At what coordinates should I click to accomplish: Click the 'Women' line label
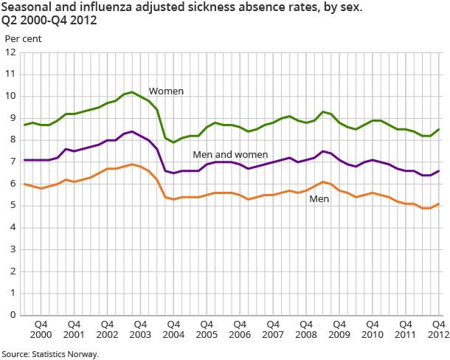(x=166, y=91)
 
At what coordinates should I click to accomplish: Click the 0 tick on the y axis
(x=13, y=315)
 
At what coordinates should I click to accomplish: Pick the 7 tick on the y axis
(x=13, y=162)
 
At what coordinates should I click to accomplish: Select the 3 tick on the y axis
(x=13, y=249)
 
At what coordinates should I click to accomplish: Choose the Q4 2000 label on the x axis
(x=41, y=329)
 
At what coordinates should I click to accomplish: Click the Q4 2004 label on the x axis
(x=173, y=329)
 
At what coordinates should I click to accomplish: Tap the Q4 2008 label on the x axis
(x=305, y=329)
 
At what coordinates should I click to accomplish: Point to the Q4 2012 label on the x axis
(x=437, y=329)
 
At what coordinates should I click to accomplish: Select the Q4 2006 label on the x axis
(x=240, y=329)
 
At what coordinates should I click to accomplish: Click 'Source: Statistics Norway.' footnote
(x=50, y=354)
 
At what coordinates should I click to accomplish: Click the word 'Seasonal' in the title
(x=24, y=7)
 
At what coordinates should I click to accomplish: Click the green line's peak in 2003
(x=132, y=92)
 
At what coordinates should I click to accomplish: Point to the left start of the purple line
(x=25, y=160)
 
